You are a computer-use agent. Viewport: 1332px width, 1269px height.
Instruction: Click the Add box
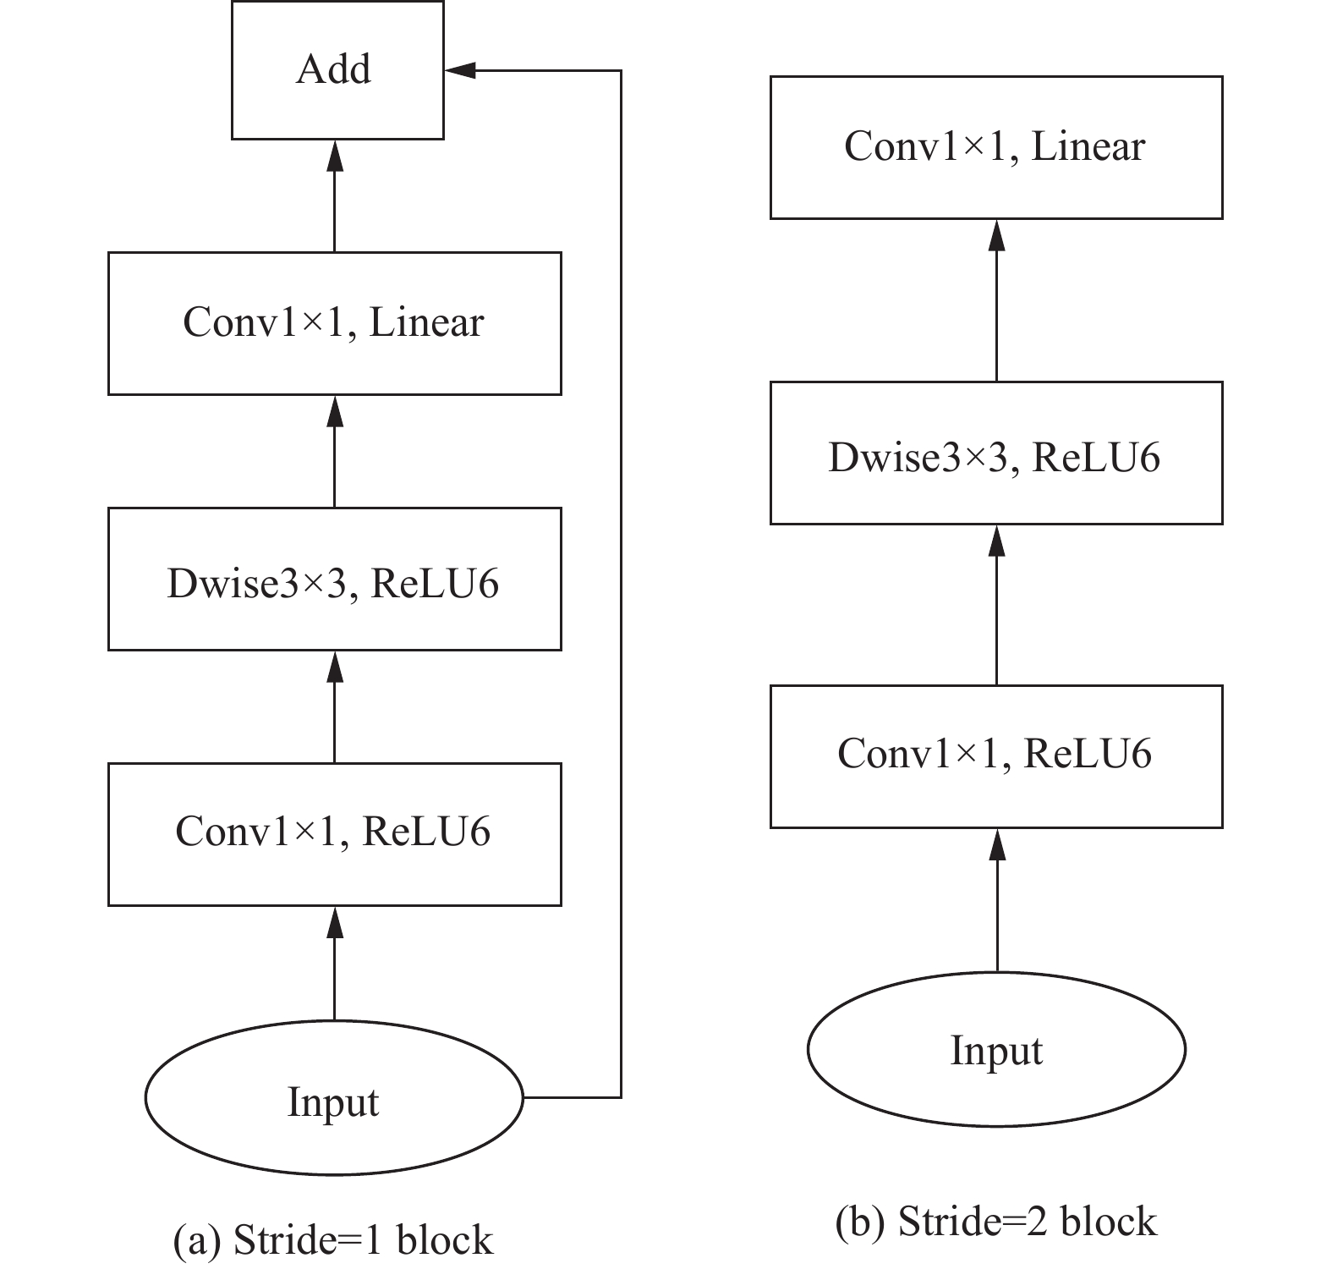click(337, 69)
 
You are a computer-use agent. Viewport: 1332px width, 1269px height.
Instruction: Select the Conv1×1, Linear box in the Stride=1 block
click(334, 323)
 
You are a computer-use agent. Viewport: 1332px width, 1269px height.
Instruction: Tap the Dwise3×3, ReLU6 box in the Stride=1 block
click(334, 579)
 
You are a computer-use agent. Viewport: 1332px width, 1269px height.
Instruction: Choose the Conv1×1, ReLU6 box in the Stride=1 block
click(334, 834)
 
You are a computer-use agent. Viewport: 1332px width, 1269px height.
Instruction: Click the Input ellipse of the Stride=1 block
click(334, 1098)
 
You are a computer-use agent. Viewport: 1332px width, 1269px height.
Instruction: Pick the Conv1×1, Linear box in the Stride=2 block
click(996, 147)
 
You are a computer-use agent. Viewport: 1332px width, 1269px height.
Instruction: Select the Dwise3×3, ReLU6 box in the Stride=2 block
click(996, 453)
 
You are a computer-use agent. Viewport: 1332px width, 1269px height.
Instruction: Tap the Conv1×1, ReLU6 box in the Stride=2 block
click(996, 756)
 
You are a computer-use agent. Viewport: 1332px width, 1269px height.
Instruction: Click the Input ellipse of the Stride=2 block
click(996, 1049)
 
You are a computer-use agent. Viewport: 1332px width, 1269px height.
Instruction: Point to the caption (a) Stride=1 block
click(332, 1240)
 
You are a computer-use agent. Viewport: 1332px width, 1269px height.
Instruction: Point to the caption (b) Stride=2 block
click(996, 1222)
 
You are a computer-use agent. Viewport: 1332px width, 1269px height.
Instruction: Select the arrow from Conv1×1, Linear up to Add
click(335, 196)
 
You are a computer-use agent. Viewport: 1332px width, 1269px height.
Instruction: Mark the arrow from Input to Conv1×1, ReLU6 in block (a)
click(335, 963)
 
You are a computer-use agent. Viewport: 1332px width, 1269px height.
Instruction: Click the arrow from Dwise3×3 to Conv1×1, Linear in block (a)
click(335, 452)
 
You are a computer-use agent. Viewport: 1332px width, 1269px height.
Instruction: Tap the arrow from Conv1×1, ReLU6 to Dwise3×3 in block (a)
click(335, 707)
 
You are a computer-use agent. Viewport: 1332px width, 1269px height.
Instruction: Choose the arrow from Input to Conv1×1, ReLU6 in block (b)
click(997, 900)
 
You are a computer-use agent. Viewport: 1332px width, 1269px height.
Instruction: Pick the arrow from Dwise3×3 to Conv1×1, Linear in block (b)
click(997, 300)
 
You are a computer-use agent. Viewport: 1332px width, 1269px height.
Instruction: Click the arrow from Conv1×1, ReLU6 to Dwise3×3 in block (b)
click(997, 605)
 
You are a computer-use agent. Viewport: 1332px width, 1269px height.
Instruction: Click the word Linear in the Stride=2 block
click(1088, 147)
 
